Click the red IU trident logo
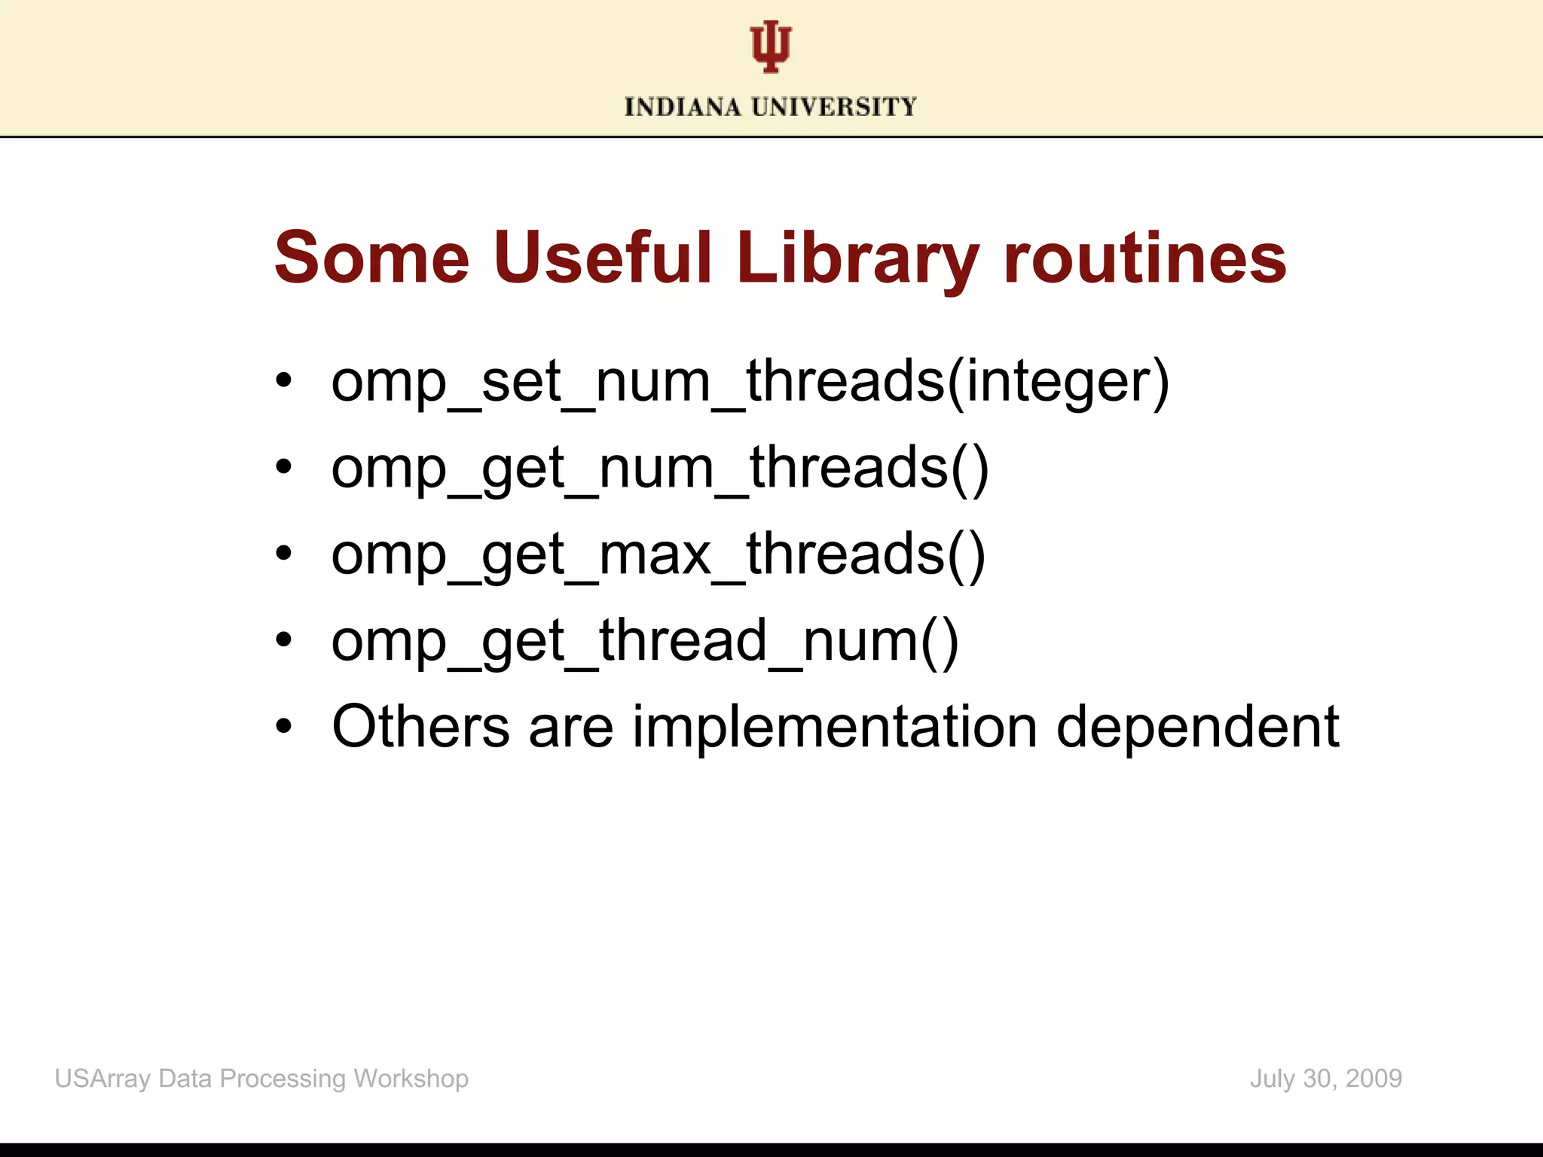(x=770, y=47)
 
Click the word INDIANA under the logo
(x=683, y=107)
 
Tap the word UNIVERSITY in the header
(x=834, y=107)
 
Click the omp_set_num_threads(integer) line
(x=750, y=382)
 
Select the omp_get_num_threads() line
(x=660, y=469)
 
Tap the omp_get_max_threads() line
(x=658, y=555)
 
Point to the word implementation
(x=835, y=727)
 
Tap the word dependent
(x=1198, y=727)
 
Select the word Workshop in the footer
(x=411, y=1079)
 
